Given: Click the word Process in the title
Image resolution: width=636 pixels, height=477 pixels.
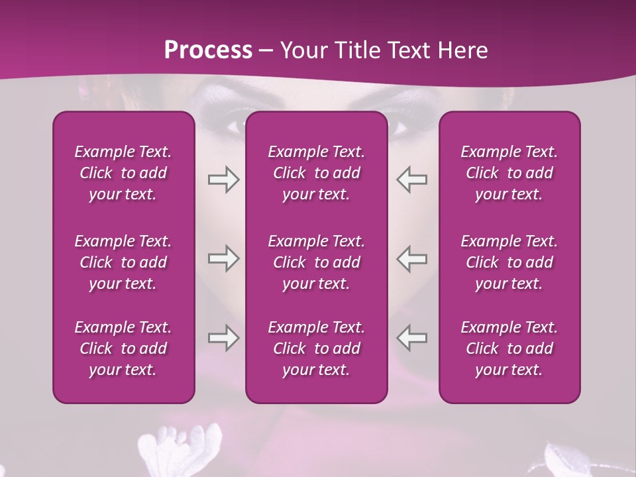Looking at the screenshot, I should pyautogui.click(x=208, y=50).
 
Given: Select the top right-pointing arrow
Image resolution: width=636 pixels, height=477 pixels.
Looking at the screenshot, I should pyautogui.click(x=223, y=180).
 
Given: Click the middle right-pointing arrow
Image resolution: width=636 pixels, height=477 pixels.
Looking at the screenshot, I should pyautogui.click(x=223, y=258).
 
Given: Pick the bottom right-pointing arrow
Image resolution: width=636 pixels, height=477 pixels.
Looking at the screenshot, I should pyautogui.click(x=223, y=338).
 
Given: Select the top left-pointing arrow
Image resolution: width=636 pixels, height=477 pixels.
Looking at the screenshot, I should pyautogui.click(x=412, y=180).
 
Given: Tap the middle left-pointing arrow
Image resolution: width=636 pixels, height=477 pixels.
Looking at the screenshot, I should pyautogui.click(x=412, y=258).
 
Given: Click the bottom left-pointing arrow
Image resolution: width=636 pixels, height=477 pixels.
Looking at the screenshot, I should pyautogui.click(x=412, y=338).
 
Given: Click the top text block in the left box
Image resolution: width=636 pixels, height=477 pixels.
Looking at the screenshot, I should pyautogui.click(x=123, y=173).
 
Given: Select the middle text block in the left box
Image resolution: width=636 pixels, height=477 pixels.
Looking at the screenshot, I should pyautogui.click(x=123, y=262).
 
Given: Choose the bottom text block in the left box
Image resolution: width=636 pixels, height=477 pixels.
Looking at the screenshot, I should pyautogui.click(x=123, y=348).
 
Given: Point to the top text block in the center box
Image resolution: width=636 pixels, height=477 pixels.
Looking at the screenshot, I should pyautogui.click(x=316, y=173).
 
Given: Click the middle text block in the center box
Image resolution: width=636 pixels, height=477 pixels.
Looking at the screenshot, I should pyautogui.click(x=316, y=262).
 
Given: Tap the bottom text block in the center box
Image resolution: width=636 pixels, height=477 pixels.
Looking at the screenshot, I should pyautogui.click(x=316, y=348).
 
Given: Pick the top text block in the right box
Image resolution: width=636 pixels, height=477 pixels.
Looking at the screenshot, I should pyautogui.click(x=509, y=173).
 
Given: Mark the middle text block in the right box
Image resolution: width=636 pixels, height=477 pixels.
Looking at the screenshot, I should pyautogui.click(x=509, y=262).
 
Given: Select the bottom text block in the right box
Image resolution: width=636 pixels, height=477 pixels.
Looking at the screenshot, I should pyautogui.click(x=509, y=348).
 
